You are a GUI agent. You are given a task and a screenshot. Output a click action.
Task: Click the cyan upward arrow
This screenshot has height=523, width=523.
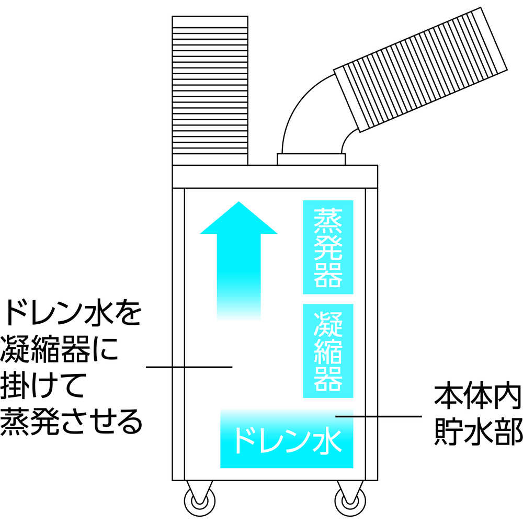[x=238, y=260]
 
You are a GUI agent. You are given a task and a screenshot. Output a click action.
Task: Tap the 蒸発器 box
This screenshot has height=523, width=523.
[x=328, y=247]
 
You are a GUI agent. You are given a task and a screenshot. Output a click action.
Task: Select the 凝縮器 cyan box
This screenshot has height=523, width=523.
[x=328, y=351]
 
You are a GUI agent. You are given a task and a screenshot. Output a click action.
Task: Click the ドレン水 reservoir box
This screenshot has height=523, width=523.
[x=287, y=439]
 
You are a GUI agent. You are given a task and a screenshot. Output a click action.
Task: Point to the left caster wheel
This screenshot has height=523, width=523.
[x=199, y=501]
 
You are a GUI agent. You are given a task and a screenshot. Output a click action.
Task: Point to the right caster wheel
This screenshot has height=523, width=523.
[x=350, y=501]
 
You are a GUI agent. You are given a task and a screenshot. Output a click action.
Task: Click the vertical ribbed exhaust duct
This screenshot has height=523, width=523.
[x=210, y=90]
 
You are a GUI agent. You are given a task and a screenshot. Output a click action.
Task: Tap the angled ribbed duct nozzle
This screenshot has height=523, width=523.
[x=421, y=70]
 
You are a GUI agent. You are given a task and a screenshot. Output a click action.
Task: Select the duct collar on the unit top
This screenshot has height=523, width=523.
[x=311, y=160]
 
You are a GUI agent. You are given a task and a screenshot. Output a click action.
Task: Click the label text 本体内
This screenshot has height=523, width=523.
[x=477, y=398]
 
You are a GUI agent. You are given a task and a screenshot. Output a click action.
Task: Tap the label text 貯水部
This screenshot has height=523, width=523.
[x=479, y=432]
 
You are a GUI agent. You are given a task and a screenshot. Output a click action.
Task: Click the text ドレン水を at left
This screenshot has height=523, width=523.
[x=72, y=313]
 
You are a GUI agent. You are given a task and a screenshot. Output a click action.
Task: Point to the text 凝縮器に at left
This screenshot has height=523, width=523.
[x=60, y=349]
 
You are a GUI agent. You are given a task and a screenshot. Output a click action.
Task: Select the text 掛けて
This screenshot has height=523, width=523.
[x=42, y=385]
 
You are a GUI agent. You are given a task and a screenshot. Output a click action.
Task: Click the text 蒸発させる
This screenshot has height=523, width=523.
[x=71, y=422]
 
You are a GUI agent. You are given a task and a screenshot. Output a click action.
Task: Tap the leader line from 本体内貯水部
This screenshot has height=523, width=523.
[x=379, y=416]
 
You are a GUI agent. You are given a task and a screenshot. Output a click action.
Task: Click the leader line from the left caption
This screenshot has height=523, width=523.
[x=189, y=367]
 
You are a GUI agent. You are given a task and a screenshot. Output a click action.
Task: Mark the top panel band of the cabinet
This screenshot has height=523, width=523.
[x=275, y=177]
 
